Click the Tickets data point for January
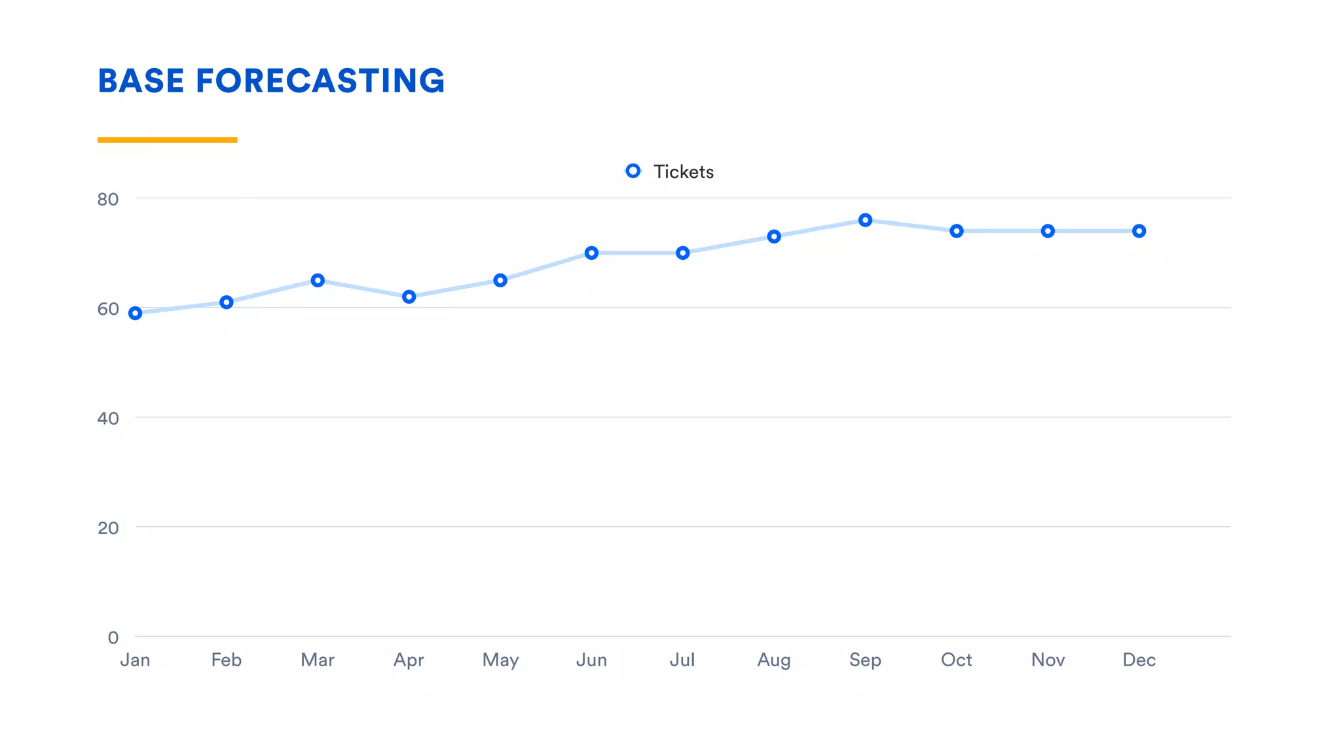(x=135, y=314)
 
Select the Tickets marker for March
(x=318, y=281)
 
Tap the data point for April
(x=409, y=297)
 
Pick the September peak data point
(x=865, y=221)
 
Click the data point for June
(x=591, y=253)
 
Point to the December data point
(x=1139, y=231)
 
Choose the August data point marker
(x=774, y=237)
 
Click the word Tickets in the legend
(x=683, y=172)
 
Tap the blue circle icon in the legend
(x=633, y=171)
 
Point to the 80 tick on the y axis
(x=108, y=200)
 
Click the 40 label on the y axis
(x=108, y=419)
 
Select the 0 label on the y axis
(x=113, y=637)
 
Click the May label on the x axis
(x=500, y=660)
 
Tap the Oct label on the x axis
(x=956, y=660)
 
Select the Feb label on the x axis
(x=226, y=660)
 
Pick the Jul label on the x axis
(x=682, y=660)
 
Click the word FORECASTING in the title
(x=320, y=81)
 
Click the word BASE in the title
(x=141, y=81)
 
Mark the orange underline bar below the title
(x=167, y=139)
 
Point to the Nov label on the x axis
(x=1048, y=660)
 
